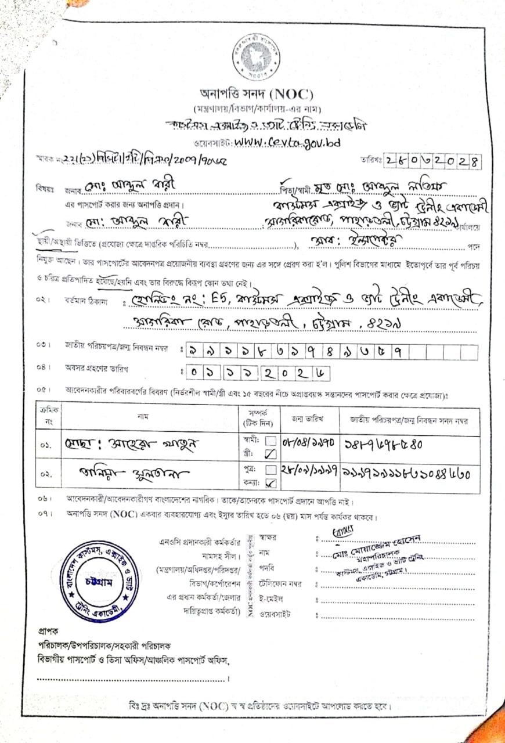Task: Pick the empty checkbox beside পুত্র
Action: click(x=270, y=469)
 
